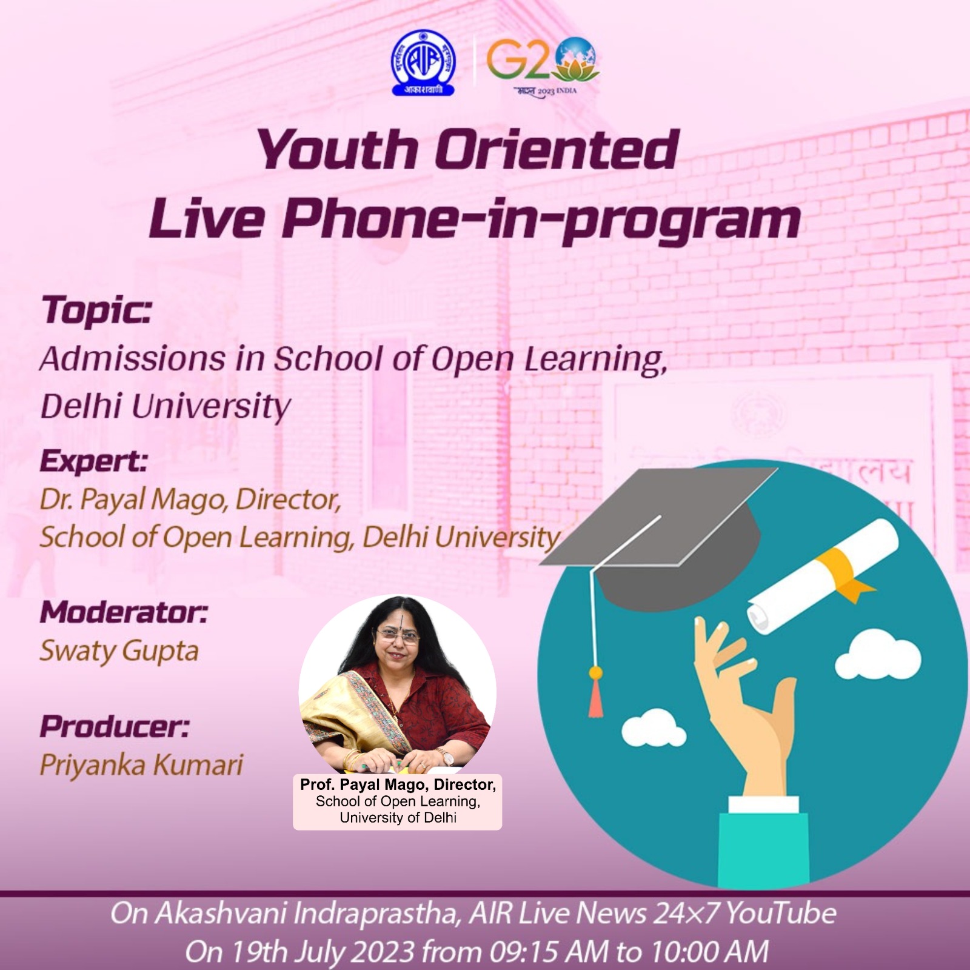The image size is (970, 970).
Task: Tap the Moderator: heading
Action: tap(124, 612)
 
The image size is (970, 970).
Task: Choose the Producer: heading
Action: tap(114, 726)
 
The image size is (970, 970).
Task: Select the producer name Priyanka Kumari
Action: tap(141, 765)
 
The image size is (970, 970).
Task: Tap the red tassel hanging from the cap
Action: tap(596, 697)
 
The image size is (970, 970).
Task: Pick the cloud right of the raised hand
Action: tap(878, 655)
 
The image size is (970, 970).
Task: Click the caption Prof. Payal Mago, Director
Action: tap(398, 784)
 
